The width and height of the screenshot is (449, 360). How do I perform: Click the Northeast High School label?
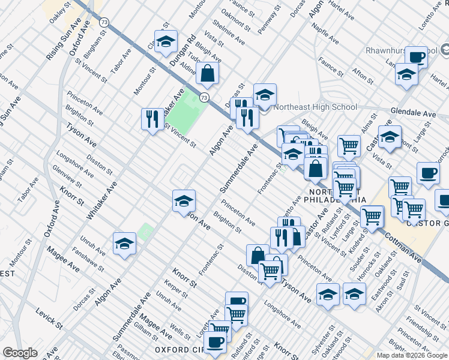(x=315, y=107)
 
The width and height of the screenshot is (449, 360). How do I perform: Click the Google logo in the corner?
(x=20, y=353)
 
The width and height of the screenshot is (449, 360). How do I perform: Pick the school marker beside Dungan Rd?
(x=166, y=41)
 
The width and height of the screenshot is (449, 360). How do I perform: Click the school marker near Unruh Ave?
(x=124, y=244)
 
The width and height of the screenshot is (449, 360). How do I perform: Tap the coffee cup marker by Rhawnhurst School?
(x=416, y=57)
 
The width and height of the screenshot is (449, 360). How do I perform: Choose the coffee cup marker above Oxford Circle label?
(x=215, y=342)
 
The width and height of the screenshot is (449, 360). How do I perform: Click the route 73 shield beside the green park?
(x=205, y=97)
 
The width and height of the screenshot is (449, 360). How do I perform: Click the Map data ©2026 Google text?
(x=411, y=355)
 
